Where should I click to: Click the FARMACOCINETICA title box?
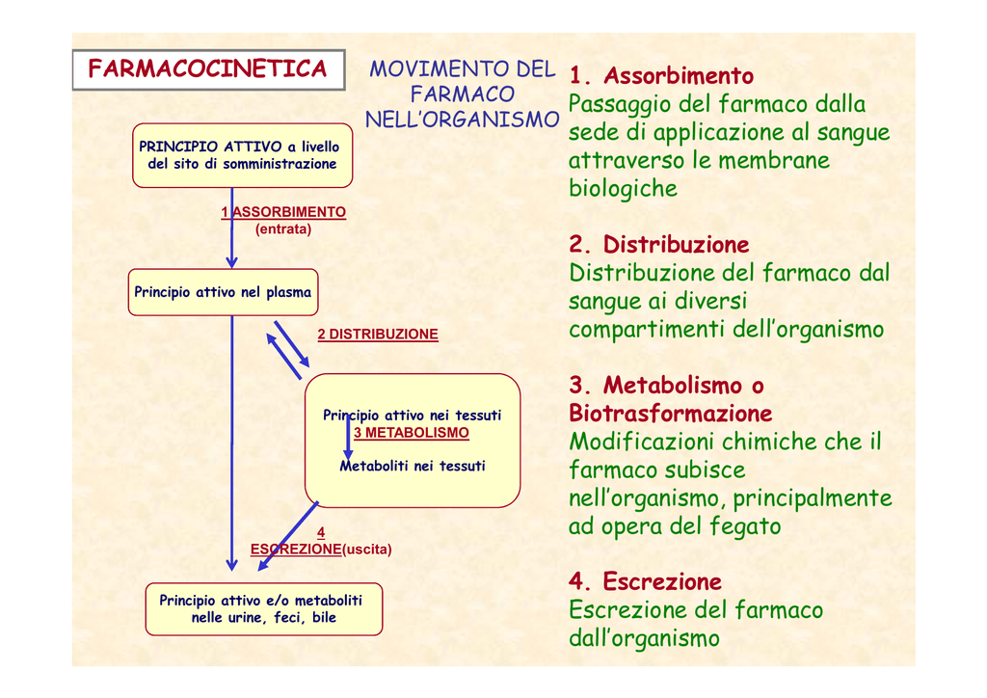(x=207, y=69)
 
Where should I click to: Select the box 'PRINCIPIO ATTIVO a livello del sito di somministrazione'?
(x=241, y=155)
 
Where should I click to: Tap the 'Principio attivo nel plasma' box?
(x=223, y=292)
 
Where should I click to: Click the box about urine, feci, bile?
(x=263, y=608)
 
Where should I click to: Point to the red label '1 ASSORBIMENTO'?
(x=283, y=212)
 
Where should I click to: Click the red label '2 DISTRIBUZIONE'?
(x=378, y=335)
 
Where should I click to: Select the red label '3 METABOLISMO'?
(x=411, y=433)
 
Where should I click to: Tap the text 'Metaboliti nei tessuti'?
(x=413, y=467)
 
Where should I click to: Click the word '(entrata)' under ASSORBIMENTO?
(x=283, y=229)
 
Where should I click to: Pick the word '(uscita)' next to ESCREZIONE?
(x=367, y=550)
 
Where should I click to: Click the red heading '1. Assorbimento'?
(x=661, y=76)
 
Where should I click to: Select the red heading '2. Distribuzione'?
(x=659, y=245)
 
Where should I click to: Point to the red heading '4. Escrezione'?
(x=645, y=582)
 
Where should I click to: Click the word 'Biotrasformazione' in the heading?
(x=671, y=415)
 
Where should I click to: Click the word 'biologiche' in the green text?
(x=623, y=189)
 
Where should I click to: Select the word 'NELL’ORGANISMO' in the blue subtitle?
(x=462, y=120)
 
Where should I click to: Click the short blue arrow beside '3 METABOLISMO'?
(x=348, y=437)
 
